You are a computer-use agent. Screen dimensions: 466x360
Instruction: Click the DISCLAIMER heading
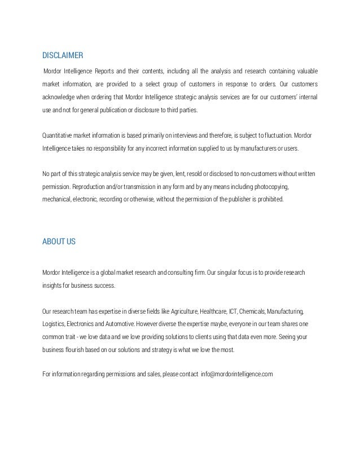tap(63, 55)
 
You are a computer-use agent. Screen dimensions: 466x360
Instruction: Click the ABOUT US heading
tap(59, 241)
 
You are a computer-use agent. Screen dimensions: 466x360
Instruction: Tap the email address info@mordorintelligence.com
tap(236, 374)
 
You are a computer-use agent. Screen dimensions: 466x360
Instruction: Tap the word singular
tap(226, 273)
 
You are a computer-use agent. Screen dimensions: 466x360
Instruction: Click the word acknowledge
tap(60, 95)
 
